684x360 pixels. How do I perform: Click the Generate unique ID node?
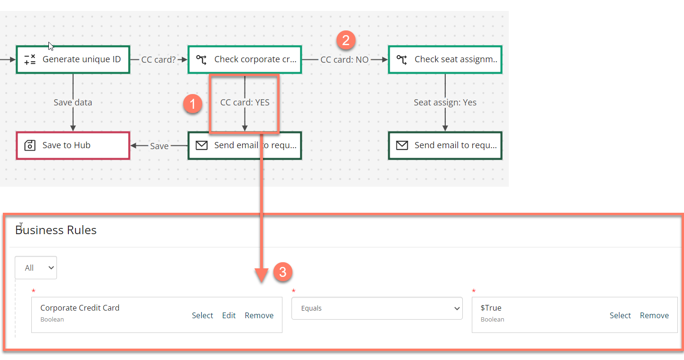click(x=73, y=60)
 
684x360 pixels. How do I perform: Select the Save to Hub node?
click(x=73, y=145)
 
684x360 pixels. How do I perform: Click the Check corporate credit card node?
click(x=244, y=60)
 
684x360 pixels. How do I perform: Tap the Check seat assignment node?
click(x=445, y=60)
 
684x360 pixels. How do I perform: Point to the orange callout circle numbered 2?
click(x=346, y=40)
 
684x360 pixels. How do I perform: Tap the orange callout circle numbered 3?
click(x=282, y=272)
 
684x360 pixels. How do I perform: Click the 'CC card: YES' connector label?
click(x=244, y=103)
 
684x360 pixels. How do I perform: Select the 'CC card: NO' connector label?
click(x=344, y=60)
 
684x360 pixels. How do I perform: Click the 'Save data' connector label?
click(x=73, y=103)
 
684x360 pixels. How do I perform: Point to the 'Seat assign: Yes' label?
click(x=445, y=103)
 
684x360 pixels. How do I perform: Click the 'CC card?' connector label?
click(x=159, y=60)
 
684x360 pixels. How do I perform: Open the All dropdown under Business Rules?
click(x=36, y=268)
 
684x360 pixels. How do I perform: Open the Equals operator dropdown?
click(x=377, y=308)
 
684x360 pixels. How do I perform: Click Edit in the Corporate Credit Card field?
click(x=229, y=315)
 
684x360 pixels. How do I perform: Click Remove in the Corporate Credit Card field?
click(x=259, y=315)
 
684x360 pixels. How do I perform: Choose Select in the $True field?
click(x=620, y=315)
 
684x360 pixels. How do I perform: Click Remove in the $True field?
click(x=654, y=315)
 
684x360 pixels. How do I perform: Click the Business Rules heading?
click(x=56, y=230)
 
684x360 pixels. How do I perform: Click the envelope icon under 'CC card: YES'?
click(x=202, y=145)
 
